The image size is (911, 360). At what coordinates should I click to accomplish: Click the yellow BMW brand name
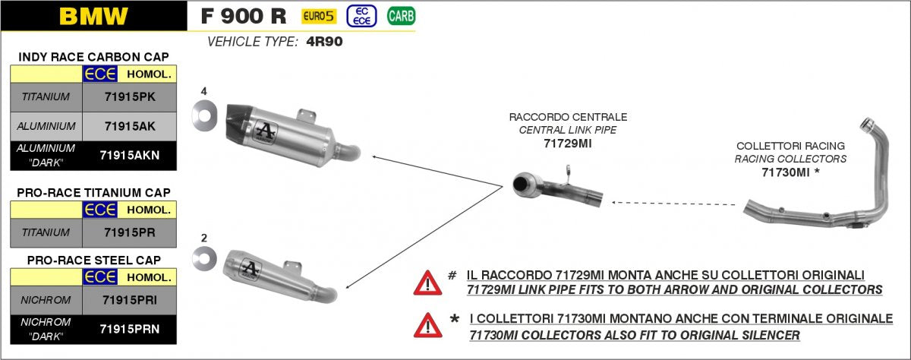pyautogui.click(x=93, y=16)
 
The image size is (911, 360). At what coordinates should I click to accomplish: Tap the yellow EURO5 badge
pyautogui.click(x=319, y=16)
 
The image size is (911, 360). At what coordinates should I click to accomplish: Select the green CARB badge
pyautogui.click(x=401, y=16)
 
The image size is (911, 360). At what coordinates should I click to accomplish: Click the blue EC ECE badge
pyautogui.click(x=361, y=16)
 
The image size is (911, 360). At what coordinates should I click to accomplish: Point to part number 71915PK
pyautogui.click(x=130, y=96)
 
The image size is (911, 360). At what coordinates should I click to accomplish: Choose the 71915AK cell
pyautogui.click(x=130, y=126)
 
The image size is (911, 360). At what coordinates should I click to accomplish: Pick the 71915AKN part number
pyautogui.click(x=130, y=155)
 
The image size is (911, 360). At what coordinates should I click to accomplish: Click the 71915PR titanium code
pyautogui.click(x=130, y=232)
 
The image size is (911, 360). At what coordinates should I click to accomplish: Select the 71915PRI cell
pyautogui.click(x=130, y=300)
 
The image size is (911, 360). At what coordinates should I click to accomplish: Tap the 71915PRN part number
pyautogui.click(x=130, y=329)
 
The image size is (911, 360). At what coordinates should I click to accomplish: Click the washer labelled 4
pyautogui.click(x=204, y=115)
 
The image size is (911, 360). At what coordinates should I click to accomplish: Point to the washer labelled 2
pyautogui.click(x=204, y=258)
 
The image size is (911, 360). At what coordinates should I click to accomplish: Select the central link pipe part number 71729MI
pyautogui.click(x=568, y=144)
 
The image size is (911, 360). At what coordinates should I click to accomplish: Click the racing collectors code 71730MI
pyautogui.click(x=785, y=172)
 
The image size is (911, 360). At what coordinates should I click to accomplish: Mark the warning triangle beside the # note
pyautogui.click(x=427, y=283)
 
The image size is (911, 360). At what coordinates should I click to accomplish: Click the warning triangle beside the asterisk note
pyautogui.click(x=428, y=325)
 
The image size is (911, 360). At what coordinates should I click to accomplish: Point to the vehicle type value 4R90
pyautogui.click(x=324, y=42)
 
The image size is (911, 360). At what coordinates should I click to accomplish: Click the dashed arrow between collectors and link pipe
pyautogui.click(x=673, y=204)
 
